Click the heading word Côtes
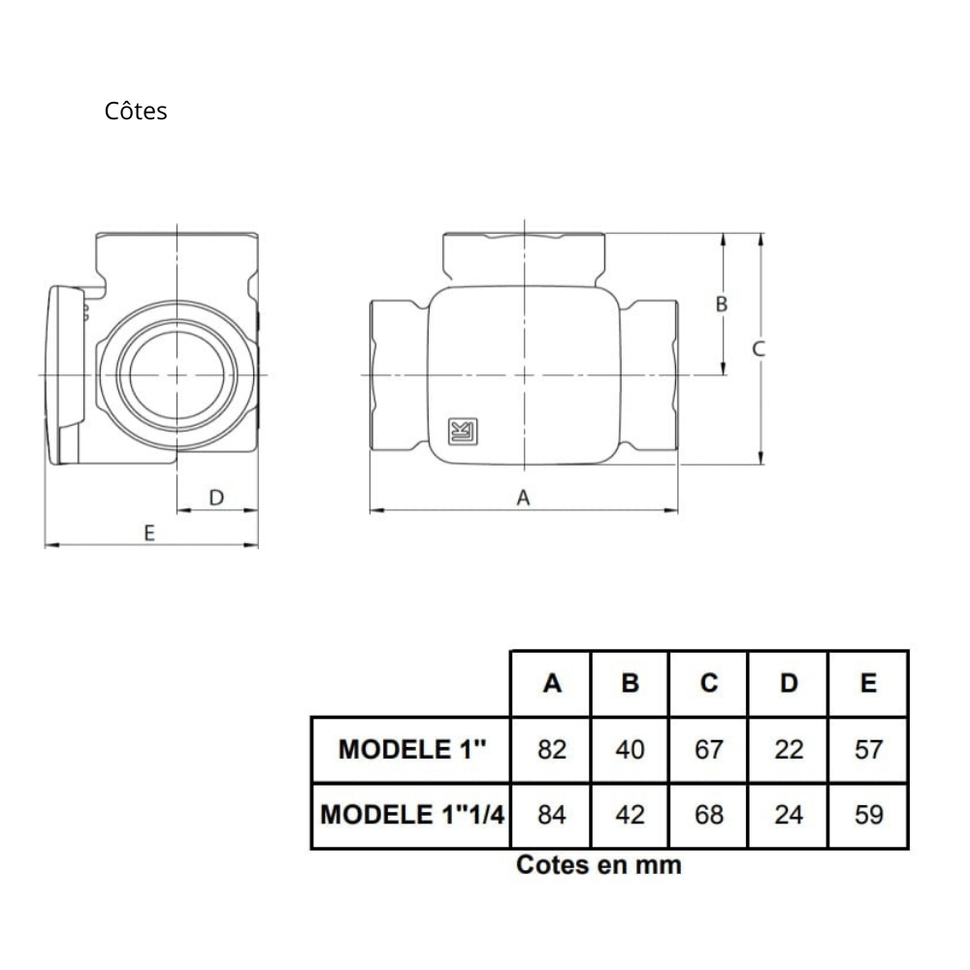(x=136, y=112)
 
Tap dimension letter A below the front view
(x=524, y=498)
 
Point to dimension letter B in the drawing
(x=722, y=304)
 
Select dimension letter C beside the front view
(x=759, y=349)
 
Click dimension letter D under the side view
(x=216, y=498)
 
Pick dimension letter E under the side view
(x=149, y=533)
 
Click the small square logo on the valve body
(x=463, y=432)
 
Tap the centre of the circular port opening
(x=177, y=374)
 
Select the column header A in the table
(x=552, y=683)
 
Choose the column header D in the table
(x=788, y=683)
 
